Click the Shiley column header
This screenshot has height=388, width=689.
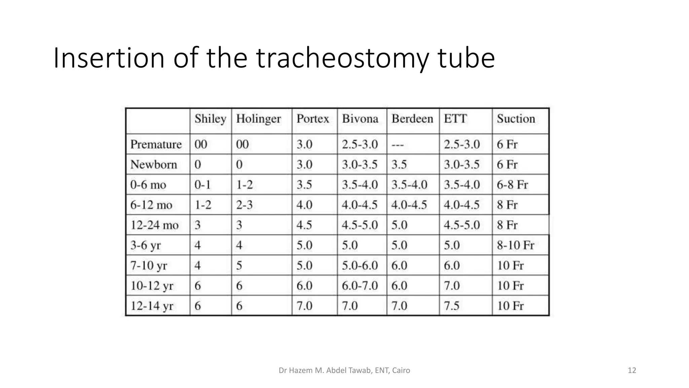tap(210, 119)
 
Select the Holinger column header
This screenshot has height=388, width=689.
tap(258, 119)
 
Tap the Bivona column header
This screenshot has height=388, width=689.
tap(360, 119)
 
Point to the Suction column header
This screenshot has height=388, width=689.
tap(516, 119)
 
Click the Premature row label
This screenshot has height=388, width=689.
tap(156, 144)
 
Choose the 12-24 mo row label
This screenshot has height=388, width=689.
tap(154, 225)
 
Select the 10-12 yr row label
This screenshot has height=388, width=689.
tap(152, 286)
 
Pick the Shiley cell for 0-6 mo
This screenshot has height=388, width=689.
tap(203, 185)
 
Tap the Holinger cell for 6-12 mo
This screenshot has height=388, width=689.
tap(244, 205)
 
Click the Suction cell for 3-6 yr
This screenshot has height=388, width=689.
tap(515, 245)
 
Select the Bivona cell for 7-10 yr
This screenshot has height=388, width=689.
tap(360, 265)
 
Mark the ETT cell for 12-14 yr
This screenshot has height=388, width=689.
tap(451, 306)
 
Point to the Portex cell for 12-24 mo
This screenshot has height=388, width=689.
tap(304, 225)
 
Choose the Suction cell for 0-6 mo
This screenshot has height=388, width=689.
tap(512, 185)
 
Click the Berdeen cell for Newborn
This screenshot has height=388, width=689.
tap(399, 165)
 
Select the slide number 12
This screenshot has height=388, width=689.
tap(632, 370)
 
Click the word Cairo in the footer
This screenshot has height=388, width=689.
tap(401, 370)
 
